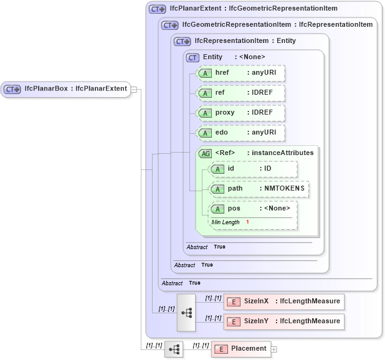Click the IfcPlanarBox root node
click(x=65, y=89)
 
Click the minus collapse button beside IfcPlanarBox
click(x=134, y=89)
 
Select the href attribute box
click(x=240, y=73)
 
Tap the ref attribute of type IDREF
click(x=240, y=93)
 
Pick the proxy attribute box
click(x=240, y=113)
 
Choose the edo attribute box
click(x=240, y=133)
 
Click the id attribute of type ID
click(x=253, y=169)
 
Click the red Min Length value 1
click(x=247, y=222)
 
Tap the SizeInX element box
click(x=283, y=302)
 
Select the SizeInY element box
click(x=283, y=322)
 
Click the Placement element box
click(x=241, y=349)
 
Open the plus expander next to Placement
click(x=274, y=349)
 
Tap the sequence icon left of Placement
click(x=174, y=349)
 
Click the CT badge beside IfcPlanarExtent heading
click(x=157, y=9)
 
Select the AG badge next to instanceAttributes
click(x=205, y=153)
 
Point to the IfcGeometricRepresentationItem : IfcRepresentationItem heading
click(x=277, y=25)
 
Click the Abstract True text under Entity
click(x=206, y=247)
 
